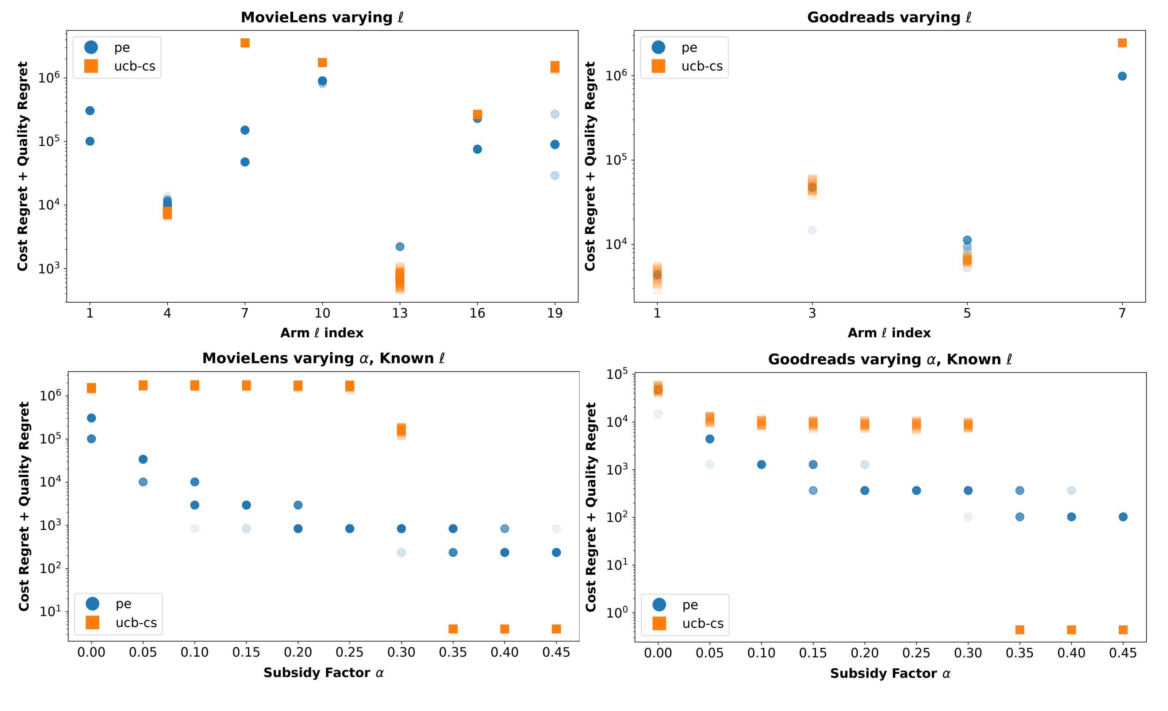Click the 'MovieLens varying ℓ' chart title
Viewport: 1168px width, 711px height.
(x=322, y=18)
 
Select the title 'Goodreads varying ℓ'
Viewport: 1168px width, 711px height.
(x=889, y=18)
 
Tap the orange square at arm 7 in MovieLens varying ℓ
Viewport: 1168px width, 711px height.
(x=245, y=43)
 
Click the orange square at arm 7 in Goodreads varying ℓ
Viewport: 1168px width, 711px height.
(x=1122, y=43)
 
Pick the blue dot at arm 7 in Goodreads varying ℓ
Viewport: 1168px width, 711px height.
(x=1122, y=76)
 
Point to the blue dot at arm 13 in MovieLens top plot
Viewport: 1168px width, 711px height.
(x=400, y=246)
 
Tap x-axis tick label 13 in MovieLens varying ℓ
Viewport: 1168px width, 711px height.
(x=400, y=313)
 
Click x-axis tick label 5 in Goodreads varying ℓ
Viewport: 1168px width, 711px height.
(x=967, y=313)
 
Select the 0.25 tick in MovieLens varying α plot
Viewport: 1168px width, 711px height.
(x=349, y=653)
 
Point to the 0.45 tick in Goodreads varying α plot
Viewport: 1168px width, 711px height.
(x=1122, y=654)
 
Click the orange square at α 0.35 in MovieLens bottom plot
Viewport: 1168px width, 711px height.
(x=453, y=629)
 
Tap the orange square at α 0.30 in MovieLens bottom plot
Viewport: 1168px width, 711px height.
(x=401, y=430)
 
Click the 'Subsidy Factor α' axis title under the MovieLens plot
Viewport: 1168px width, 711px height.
(x=323, y=673)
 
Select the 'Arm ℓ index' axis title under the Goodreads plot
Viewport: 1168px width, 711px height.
(x=889, y=333)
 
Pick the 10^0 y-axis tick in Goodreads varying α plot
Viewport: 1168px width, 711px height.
(x=617, y=613)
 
